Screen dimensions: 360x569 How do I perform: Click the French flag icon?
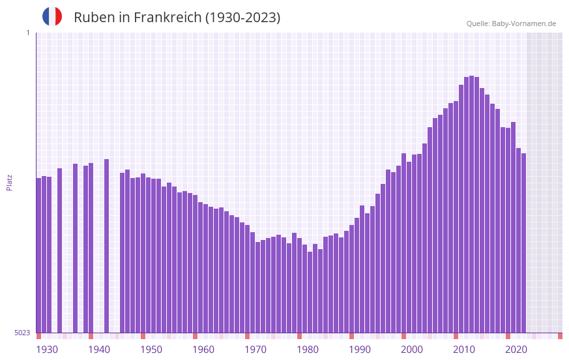(52, 17)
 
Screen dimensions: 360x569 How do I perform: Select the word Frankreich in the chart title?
(168, 18)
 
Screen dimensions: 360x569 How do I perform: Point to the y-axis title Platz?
(9, 182)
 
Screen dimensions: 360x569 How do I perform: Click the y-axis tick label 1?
(27, 33)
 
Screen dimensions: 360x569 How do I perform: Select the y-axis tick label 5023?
(22, 333)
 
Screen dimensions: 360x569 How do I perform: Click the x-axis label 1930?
(47, 350)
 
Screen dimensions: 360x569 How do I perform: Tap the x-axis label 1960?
(203, 350)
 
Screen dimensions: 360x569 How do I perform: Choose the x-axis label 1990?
(360, 350)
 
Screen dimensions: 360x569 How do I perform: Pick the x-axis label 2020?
(516, 350)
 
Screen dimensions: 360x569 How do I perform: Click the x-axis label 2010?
(464, 350)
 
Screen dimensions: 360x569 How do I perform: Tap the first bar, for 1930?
(38, 255)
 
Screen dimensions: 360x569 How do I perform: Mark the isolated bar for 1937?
(75, 248)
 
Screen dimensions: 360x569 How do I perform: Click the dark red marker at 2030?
(560, 336)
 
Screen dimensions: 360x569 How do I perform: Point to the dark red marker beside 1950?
(143, 336)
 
